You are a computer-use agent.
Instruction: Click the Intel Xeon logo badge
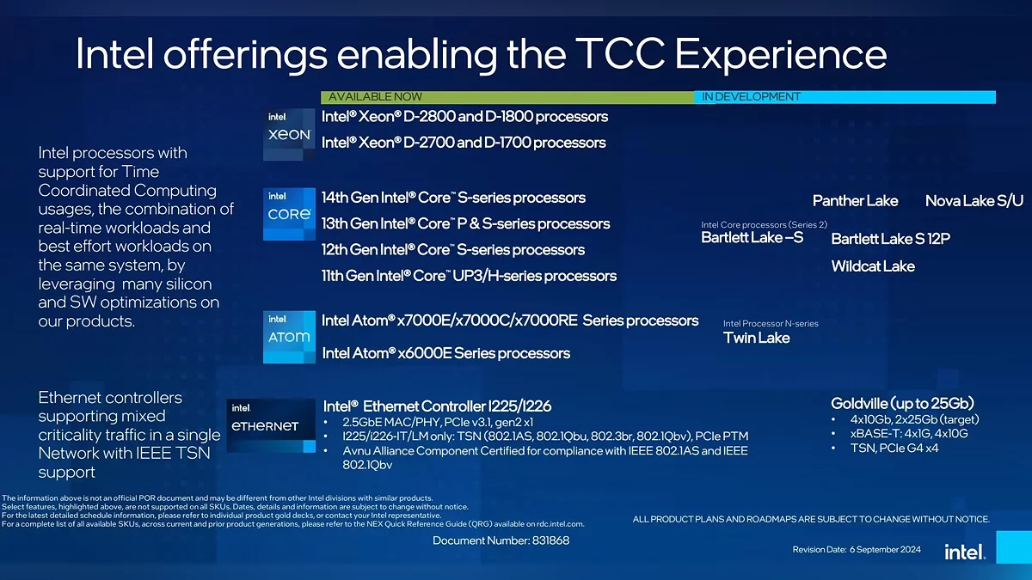tap(289, 134)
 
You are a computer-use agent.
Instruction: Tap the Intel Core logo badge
tap(289, 214)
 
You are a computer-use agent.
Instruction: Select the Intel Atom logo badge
tap(289, 337)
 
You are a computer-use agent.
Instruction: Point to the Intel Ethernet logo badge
tap(271, 425)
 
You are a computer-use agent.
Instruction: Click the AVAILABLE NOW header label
tap(375, 96)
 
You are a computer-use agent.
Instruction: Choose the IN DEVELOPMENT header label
tap(751, 96)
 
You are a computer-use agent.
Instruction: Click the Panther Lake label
tap(855, 201)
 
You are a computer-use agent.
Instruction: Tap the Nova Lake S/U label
tap(974, 201)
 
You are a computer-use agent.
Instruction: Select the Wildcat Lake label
tap(873, 266)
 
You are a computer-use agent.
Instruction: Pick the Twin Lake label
tap(757, 338)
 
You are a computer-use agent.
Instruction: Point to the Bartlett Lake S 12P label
tap(891, 239)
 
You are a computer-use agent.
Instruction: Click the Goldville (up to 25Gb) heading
tap(902, 404)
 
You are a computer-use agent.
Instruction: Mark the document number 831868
tap(550, 540)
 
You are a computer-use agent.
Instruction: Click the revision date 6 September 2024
tap(885, 550)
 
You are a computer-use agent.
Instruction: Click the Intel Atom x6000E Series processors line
tap(446, 353)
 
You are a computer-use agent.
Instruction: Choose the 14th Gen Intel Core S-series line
tap(453, 198)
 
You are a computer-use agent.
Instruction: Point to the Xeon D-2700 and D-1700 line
tap(464, 143)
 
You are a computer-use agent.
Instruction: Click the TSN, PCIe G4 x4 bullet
tap(894, 449)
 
